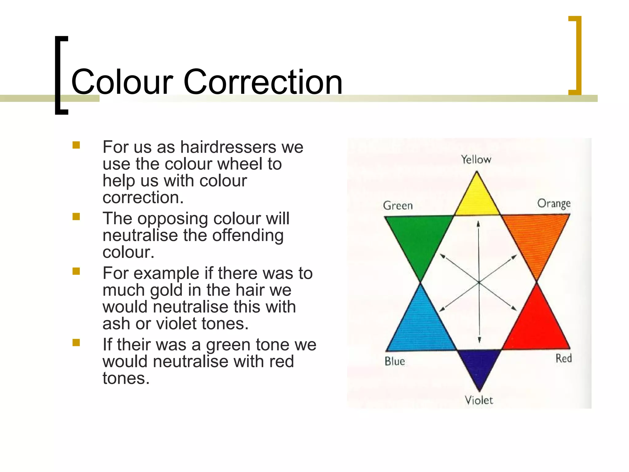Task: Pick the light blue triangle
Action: click(x=421, y=327)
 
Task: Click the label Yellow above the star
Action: click(x=476, y=159)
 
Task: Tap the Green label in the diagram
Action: click(x=398, y=206)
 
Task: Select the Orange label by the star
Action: click(x=554, y=204)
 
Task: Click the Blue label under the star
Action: click(x=395, y=361)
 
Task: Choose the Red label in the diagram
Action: click(x=563, y=358)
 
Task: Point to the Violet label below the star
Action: click(x=479, y=400)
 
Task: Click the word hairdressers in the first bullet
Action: click(x=228, y=147)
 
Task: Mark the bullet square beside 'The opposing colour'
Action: click(x=76, y=217)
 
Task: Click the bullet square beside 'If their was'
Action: click(x=76, y=343)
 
